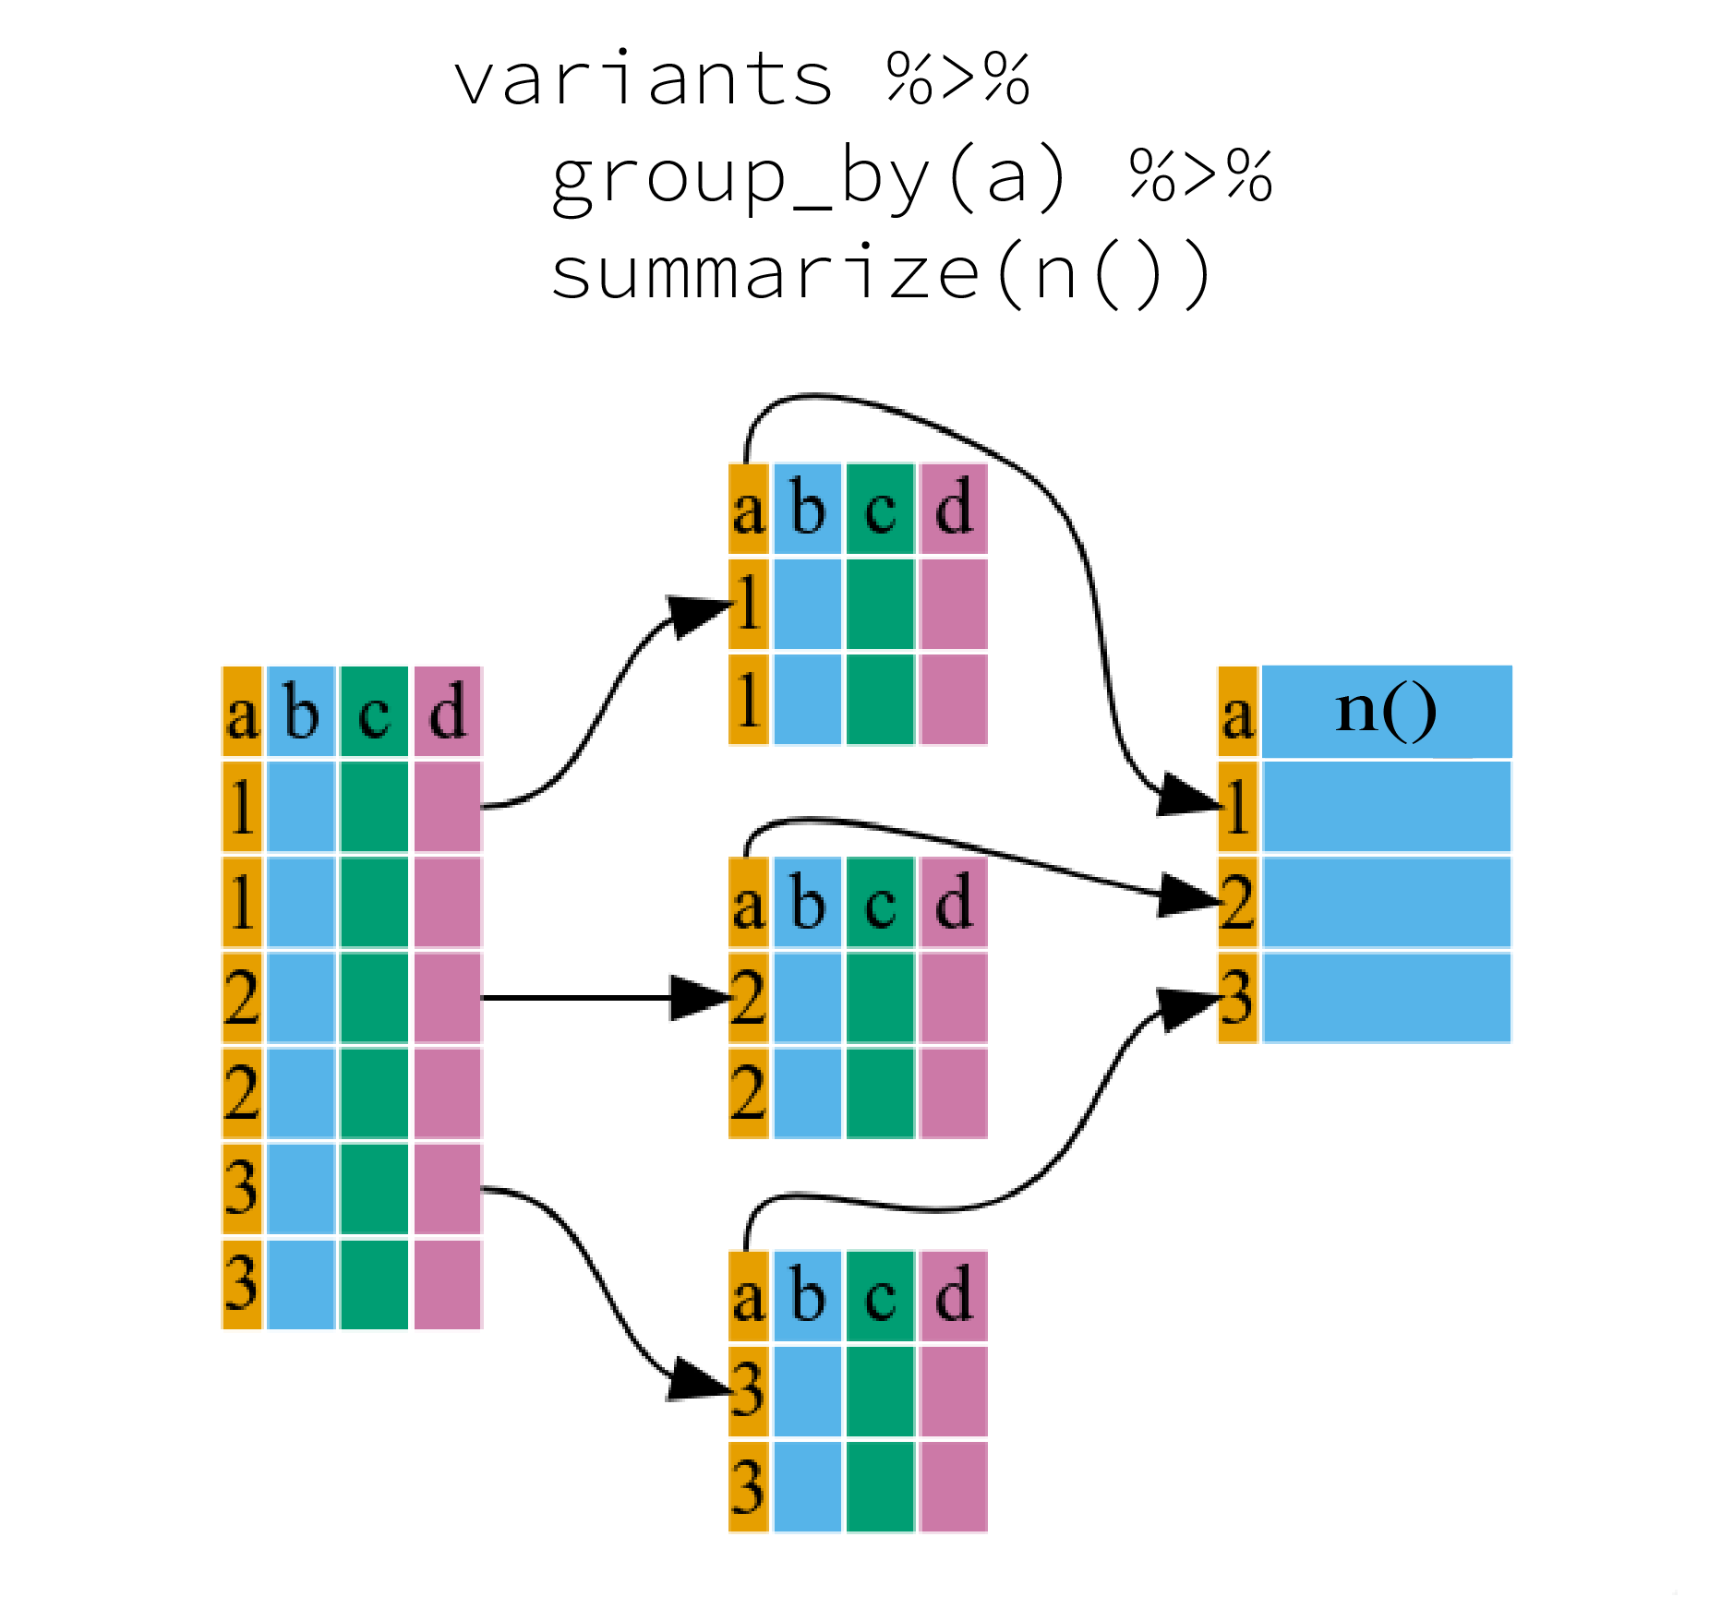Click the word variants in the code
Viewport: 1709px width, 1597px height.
click(644, 80)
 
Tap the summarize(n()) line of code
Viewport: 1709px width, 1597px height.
click(881, 274)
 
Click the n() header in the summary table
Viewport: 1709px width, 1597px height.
click(1386, 712)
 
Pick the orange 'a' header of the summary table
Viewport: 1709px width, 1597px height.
click(1237, 713)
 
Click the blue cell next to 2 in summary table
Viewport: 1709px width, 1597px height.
click(1386, 903)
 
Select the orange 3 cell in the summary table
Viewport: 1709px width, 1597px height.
click(1237, 998)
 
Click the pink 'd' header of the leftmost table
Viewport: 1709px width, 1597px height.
click(448, 713)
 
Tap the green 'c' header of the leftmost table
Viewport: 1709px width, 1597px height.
click(374, 713)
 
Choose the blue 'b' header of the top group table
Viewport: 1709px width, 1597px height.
click(808, 509)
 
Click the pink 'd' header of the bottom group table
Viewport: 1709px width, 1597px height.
click(954, 1296)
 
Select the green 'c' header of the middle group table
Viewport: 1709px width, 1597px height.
click(881, 903)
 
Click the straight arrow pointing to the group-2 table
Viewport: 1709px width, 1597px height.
click(591, 998)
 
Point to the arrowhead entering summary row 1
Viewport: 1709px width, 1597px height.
click(1187, 796)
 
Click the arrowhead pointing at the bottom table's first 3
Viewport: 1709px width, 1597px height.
click(696, 1380)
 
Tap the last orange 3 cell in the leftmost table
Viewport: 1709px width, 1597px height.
click(242, 1284)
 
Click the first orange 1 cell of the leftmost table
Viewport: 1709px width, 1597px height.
click(242, 807)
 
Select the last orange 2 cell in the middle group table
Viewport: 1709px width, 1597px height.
click(748, 1093)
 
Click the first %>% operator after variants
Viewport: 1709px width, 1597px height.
click(957, 80)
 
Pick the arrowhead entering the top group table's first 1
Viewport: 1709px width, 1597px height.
click(699, 616)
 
